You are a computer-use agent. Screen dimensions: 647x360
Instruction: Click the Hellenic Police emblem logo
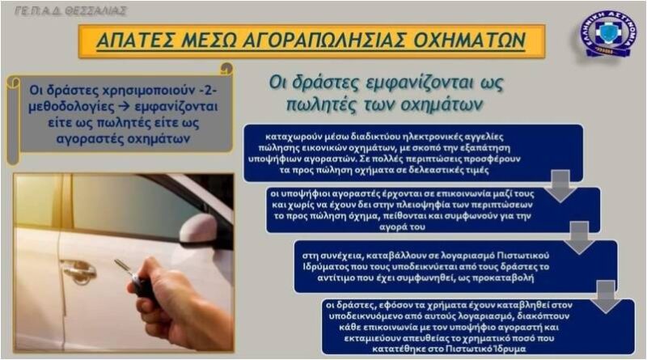tap(607, 35)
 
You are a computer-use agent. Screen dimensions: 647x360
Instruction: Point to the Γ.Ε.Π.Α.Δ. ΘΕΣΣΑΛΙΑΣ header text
tap(70, 11)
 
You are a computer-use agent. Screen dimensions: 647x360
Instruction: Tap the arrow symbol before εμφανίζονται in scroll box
tap(123, 107)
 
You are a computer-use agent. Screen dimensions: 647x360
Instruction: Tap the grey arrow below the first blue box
tap(560, 186)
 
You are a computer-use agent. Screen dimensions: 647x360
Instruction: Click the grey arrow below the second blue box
tap(579, 238)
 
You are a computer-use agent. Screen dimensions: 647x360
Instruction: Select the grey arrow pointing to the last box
tap(606, 297)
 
